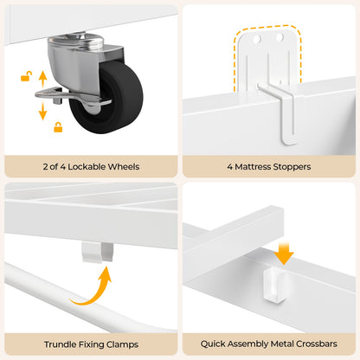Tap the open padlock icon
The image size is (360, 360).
26,76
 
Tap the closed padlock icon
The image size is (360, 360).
58,127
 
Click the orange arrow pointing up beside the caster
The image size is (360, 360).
42,79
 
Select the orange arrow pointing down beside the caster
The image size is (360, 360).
42,111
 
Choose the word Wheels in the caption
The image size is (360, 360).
125,166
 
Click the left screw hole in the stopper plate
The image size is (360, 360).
256,38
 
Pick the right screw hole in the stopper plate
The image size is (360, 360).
280,37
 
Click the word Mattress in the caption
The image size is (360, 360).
253,167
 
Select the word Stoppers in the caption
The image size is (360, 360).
292,167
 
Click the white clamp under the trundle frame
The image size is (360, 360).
97,252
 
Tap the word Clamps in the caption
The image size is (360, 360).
122,344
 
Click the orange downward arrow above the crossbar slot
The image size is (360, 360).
284,254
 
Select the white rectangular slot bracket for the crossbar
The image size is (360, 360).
274,285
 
